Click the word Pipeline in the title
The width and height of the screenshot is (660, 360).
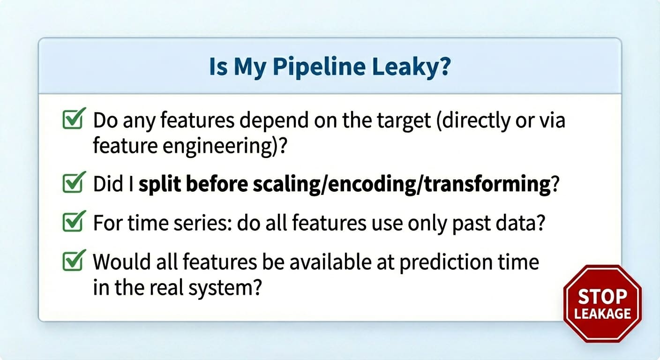[319, 67]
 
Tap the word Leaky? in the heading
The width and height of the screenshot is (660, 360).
[411, 67]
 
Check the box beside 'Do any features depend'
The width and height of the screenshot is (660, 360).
[74, 118]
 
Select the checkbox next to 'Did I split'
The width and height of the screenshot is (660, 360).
[74, 182]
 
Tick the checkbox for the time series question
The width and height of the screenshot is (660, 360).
[74, 221]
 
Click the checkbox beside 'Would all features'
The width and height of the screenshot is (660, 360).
[74, 260]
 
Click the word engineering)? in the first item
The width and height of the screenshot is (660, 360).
[225, 147]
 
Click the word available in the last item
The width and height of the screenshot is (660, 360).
[330, 262]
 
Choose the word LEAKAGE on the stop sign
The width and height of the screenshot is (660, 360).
[602, 314]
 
